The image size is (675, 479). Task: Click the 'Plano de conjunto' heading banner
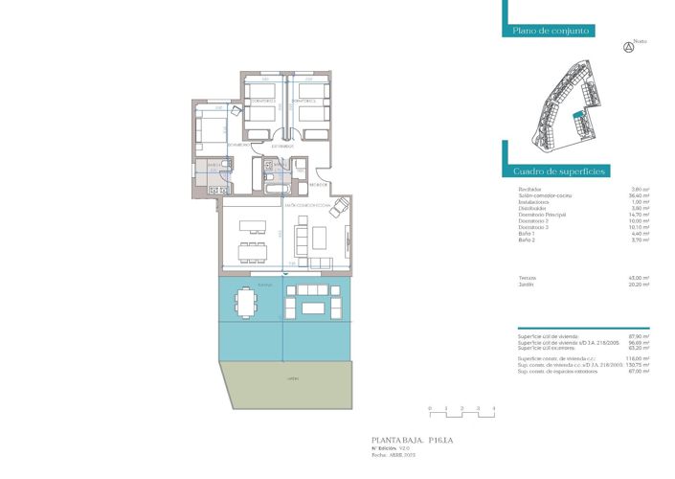(550, 31)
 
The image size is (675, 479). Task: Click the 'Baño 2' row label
(528, 240)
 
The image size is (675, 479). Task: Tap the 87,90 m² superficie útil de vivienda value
(639, 336)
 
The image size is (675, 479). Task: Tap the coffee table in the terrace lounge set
(312, 308)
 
